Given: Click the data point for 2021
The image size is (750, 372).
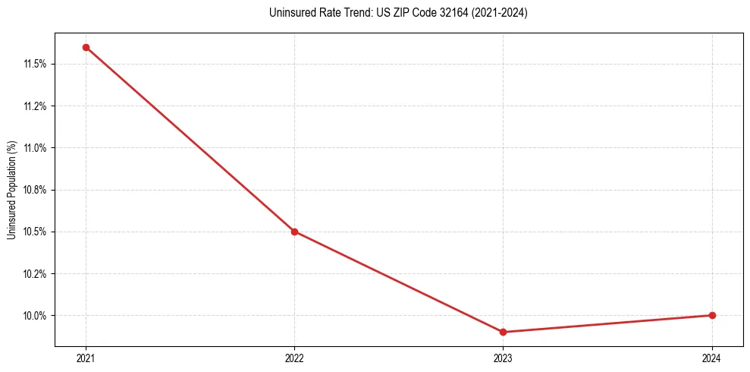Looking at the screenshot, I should click(x=86, y=47).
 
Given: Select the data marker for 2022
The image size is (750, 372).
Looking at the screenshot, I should click(x=294, y=232).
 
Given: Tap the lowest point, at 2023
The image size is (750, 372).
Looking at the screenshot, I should click(x=504, y=332).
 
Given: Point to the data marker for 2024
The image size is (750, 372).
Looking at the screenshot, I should click(x=712, y=315).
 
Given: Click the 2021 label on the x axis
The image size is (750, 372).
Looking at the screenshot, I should click(x=86, y=358).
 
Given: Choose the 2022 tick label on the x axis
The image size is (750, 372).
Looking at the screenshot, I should click(x=294, y=358).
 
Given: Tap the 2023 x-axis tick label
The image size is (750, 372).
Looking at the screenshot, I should click(x=504, y=358).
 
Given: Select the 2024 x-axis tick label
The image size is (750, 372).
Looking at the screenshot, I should click(x=712, y=358).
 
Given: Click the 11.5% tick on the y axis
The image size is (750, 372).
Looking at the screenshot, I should click(x=35, y=64).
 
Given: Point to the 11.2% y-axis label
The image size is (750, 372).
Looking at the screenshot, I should click(x=35, y=106).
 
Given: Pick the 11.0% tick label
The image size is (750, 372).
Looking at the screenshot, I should click(x=35, y=147).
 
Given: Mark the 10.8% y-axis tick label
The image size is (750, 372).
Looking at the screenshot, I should click(x=35, y=190).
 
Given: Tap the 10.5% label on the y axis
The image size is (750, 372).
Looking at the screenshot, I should click(x=35, y=232).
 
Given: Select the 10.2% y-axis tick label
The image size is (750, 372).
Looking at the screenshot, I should click(x=35, y=273).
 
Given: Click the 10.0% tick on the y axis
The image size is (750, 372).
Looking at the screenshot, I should click(x=35, y=315).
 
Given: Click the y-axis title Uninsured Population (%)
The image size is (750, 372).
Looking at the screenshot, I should click(x=11, y=190).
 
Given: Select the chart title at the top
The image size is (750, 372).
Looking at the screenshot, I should click(x=398, y=13).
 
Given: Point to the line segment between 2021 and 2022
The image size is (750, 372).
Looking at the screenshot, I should click(x=190, y=139).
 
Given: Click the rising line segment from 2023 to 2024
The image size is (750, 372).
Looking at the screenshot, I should click(x=607, y=323).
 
